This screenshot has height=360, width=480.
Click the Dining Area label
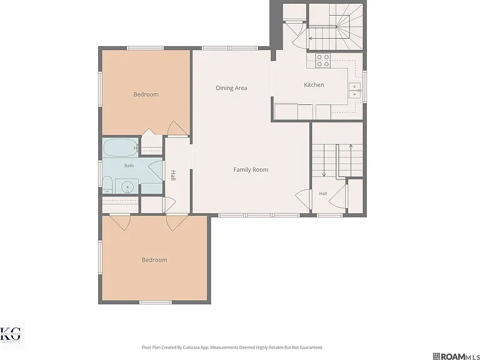tap(231, 88)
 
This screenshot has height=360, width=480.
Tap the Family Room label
tap(251, 169)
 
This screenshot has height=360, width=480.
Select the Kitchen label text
tap(314, 85)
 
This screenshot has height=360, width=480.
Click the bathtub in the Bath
tap(120, 147)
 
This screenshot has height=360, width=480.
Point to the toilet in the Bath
tap(107, 184)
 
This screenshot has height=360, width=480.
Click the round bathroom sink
tap(127, 186)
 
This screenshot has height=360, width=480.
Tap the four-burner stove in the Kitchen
tap(323, 60)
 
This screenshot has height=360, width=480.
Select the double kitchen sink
tap(355, 90)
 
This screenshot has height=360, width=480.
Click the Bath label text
tap(129, 166)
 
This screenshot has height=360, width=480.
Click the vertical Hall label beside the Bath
tap(173, 176)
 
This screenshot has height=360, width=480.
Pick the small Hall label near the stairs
tap(323, 194)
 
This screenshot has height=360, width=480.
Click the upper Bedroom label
tap(146, 94)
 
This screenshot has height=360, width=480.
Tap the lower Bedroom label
tap(154, 260)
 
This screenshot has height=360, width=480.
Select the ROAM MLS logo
tap(456, 356)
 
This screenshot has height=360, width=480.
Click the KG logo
tap(11, 334)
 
